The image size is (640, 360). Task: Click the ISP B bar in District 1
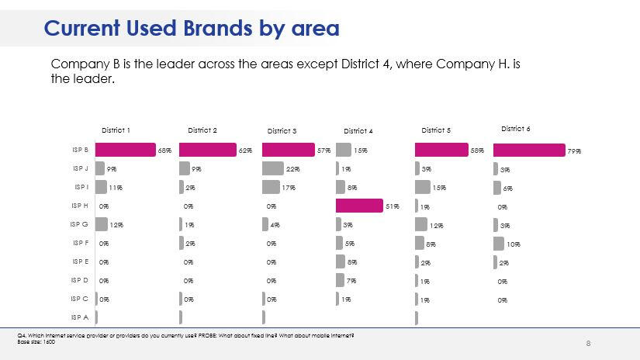pos(126,150)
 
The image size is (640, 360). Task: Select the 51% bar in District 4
pos(359,206)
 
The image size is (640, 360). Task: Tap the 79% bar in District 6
pos(529,150)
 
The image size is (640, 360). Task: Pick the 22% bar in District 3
pos(273,168)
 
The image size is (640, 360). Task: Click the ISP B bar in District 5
pos(442,150)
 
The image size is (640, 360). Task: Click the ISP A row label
pos(81,317)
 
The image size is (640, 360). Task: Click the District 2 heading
pos(202,130)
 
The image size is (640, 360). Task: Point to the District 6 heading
pos(515,129)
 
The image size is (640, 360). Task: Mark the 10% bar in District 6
pos(499,243)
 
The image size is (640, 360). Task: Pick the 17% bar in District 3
pos(271,187)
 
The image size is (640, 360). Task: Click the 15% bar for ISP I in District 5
pos(423,187)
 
